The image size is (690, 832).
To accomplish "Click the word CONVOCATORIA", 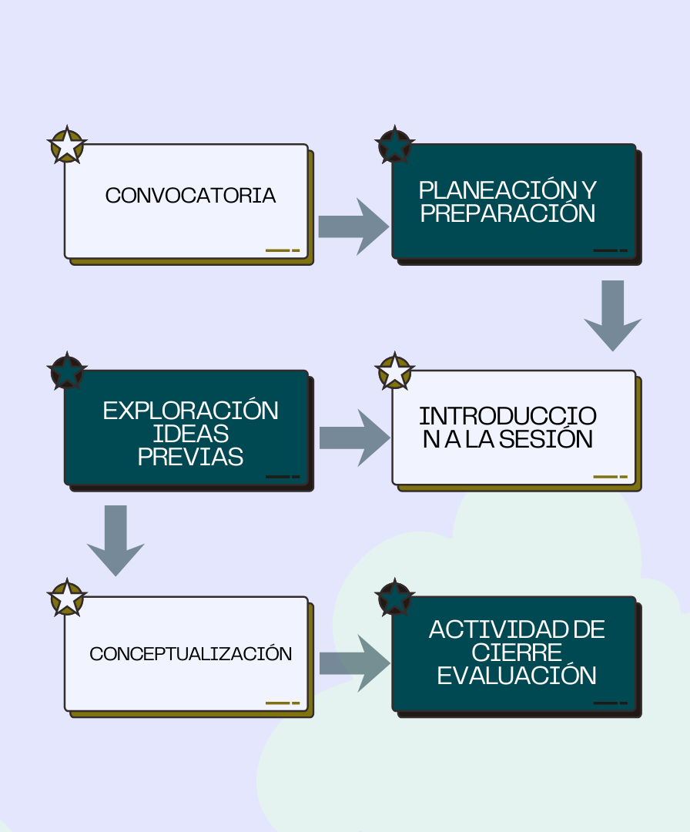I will click(x=190, y=196).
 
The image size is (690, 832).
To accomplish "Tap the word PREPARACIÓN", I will click(x=508, y=213).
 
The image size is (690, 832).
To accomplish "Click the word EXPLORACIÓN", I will click(x=190, y=411).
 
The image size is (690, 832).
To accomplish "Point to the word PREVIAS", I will click(x=190, y=456).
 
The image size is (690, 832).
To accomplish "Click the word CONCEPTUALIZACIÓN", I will click(x=190, y=654).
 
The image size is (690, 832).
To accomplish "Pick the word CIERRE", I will click(x=517, y=653).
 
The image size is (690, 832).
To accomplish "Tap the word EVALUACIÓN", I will click(x=517, y=676).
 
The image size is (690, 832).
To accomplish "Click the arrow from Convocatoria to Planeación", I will click(x=353, y=226).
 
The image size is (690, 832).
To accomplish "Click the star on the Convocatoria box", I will click(x=67, y=145).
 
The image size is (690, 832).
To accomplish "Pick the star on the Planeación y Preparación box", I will click(x=395, y=145).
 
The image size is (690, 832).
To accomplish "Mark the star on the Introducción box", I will click(x=395, y=371).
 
